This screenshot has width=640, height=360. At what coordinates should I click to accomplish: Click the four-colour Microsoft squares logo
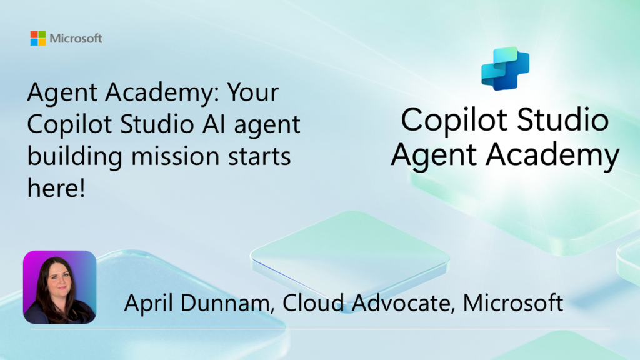(38, 38)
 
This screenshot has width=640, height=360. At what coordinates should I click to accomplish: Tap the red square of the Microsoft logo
(34, 34)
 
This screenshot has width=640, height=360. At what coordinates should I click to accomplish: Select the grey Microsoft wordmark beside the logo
(76, 39)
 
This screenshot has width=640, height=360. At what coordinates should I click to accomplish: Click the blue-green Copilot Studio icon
(505, 69)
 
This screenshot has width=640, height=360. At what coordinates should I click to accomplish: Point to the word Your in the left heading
(252, 92)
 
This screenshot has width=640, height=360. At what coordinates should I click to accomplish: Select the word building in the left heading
(75, 157)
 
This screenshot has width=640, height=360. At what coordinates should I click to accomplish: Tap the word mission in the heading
(176, 156)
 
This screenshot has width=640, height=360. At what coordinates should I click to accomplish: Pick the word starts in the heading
(259, 157)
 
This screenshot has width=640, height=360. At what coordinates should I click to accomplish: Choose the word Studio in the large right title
(563, 120)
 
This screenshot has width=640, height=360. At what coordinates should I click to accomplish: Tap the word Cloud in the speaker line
(313, 302)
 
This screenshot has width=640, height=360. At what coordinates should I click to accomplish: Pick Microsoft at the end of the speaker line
(513, 302)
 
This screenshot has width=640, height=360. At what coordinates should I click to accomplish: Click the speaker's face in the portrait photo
(57, 279)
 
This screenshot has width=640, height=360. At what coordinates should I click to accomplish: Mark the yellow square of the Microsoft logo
(42, 42)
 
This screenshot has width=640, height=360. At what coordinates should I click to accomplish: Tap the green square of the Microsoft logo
(42, 34)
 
